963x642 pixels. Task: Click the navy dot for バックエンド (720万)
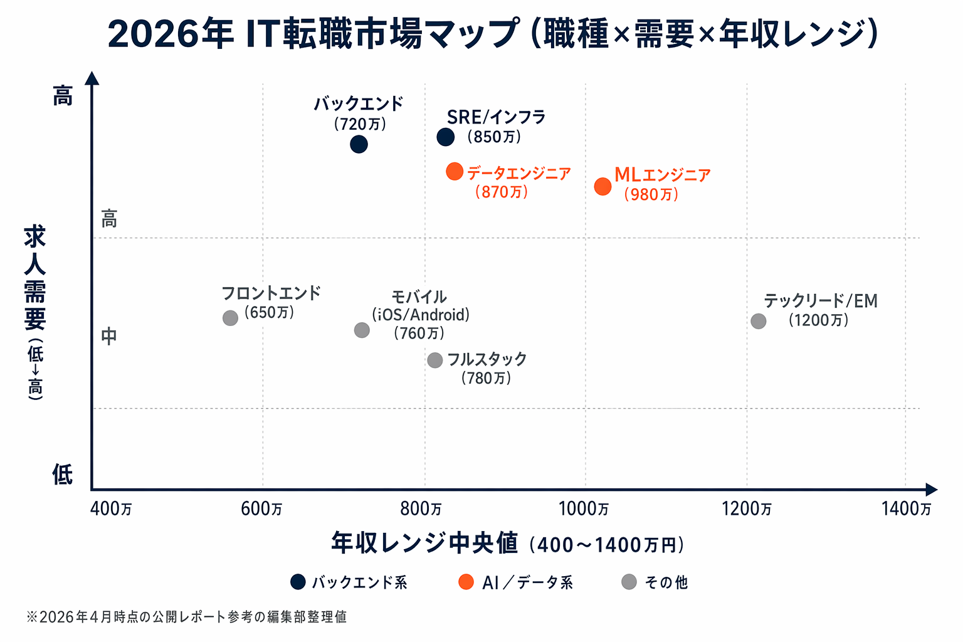[x=359, y=144]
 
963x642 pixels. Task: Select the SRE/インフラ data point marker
[x=445, y=137]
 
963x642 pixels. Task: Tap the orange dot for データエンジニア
[x=455, y=171]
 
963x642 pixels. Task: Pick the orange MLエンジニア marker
[x=603, y=186]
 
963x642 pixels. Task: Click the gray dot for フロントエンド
[x=230, y=318]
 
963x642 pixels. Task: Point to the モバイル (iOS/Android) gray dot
[x=362, y=330]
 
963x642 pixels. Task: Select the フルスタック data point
[x=434, y=360]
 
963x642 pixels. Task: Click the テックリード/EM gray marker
[x=759, y=321]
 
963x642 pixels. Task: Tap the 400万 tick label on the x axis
[x=111, y=508]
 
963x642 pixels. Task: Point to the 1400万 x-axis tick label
[x=906, y=508]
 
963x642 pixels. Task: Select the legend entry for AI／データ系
[x=515, y=582]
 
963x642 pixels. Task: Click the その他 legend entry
[x=655, y=582]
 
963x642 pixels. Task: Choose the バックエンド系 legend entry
[x=349, y=582]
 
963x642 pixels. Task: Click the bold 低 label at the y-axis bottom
[x=62, y=475]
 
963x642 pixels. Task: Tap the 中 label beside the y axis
[x=109, y=337]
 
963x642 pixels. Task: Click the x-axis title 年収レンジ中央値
[x=424, y=543]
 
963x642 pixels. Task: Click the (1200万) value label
[x=819, y=320]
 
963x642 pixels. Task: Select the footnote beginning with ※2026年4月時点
[x=186, y=617]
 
